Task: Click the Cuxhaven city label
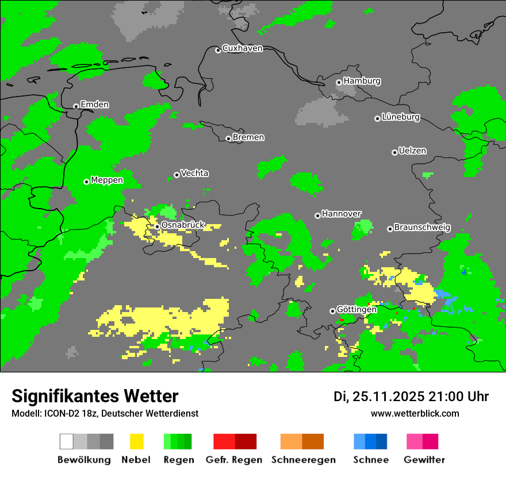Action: coord(242,48)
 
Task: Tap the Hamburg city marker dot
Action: coord(339,82)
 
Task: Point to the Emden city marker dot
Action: coord(76,106)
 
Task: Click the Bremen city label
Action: coord(248,137)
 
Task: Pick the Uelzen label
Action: coord(412,151)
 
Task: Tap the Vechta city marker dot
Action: coord(177,175)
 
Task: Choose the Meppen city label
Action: coord(107,180)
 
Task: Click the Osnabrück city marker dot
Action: coord(157,226)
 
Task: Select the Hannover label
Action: coord(342,214)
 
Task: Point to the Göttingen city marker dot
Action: coord(332,311)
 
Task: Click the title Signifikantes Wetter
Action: coord(95,396)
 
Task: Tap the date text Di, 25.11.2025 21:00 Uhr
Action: coord(411,397)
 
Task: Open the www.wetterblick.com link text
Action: coord(415,413)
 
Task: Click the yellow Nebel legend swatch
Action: coord(136,441)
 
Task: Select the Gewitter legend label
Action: coord(424,460)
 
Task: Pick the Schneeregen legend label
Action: coord(304,460)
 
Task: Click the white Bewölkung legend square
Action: coord(66,441)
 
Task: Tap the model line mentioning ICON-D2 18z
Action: coord(105,413)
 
